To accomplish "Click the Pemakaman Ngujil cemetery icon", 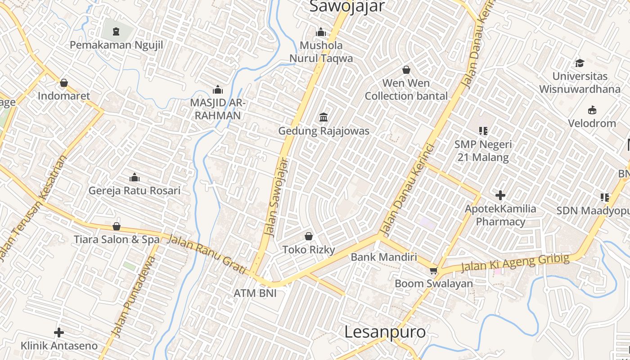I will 117,31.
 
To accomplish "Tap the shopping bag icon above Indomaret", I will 64,83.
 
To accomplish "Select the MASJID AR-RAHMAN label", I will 218,109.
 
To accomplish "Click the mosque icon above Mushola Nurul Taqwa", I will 321,32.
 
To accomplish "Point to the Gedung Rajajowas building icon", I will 323,117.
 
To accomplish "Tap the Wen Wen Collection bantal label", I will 406,90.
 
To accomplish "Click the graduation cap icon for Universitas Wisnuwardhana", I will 580,63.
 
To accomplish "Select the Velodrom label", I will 592,123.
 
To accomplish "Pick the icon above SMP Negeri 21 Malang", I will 483,131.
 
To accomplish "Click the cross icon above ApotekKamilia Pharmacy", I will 500,195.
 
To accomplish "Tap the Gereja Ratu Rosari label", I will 134,190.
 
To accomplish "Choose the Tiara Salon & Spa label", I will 117,239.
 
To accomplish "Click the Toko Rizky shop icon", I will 309,236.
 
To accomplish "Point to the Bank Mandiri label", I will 384,257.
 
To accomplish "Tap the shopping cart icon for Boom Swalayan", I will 433,270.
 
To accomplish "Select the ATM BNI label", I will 255,293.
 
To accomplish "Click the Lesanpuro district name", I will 385,332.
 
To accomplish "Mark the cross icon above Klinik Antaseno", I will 59,333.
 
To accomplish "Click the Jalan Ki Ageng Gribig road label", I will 515,264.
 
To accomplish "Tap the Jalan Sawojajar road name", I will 276,197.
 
